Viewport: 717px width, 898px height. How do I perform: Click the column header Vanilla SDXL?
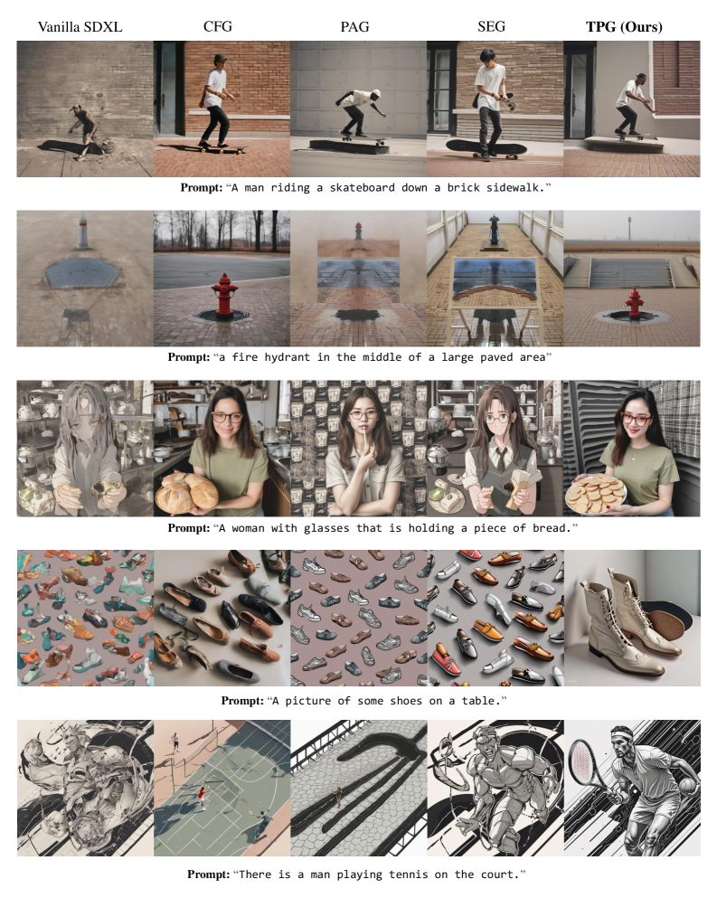[x=80, y=27]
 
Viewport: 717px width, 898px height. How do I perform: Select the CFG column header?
[x=218, y=26]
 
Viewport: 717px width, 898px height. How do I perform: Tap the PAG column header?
[x=354, y=26]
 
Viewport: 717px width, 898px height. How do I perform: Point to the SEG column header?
[x=491, y=26]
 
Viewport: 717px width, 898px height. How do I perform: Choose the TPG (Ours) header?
[x=624, y=27]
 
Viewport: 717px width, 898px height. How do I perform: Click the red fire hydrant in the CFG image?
[x=224, y=295]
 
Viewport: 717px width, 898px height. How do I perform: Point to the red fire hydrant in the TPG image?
[x=633, y=304]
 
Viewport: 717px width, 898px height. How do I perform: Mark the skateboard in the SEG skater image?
[x=486, y=148]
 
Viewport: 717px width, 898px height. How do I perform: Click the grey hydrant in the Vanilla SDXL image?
[x=83, y=232]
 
